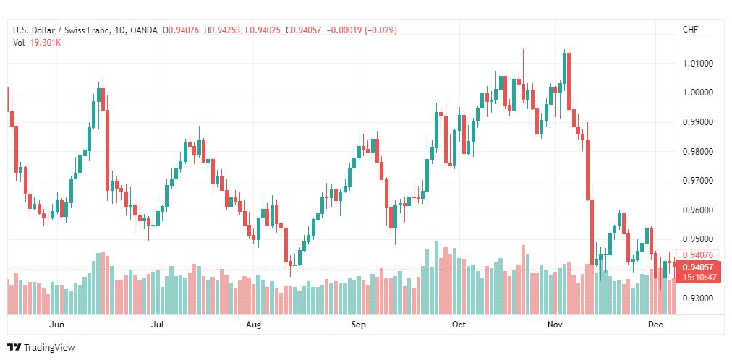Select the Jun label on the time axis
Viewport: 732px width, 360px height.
coord(57,324)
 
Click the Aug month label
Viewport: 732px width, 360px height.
coord(253,324)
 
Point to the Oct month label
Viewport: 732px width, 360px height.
coord(459,324)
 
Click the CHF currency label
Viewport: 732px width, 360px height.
coord(691,30)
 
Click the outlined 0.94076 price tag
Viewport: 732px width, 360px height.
coord(697,254)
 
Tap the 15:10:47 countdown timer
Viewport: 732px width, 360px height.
coord(699,278)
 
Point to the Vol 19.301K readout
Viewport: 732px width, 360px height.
coord(38,43)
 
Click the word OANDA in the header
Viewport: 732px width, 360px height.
coord(144,30)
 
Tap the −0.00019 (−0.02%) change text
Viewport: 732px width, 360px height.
coord(362,30)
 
